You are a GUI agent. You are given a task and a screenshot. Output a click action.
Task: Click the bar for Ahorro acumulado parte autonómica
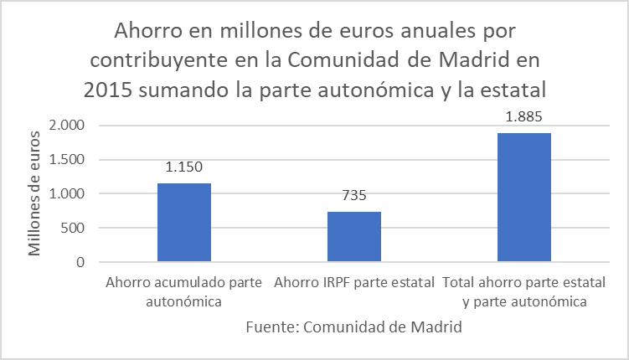click(x=183, y=222)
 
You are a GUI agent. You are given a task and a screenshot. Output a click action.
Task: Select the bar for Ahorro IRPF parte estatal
click(x=353, y=236)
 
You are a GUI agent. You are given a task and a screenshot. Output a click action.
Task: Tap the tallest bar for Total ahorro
click(x=524, y=197)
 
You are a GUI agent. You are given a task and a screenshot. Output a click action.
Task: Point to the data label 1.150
click(x=183, y=166)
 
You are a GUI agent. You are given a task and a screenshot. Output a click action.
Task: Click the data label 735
click(x=353, y=195)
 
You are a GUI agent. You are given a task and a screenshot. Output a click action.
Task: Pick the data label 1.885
click(x=524, y=116)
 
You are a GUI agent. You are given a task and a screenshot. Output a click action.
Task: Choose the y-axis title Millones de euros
click(x=35, y=193)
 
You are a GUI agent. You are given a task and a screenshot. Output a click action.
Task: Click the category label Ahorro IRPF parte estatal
click(x=353, y=282)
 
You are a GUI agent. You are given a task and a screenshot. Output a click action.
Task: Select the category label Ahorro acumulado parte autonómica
click(x=184, y=291)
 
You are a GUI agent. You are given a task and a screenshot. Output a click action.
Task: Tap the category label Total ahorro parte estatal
click(x=524, y=291)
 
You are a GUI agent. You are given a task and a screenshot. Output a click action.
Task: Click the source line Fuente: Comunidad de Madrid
click(x=353, y=327)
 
